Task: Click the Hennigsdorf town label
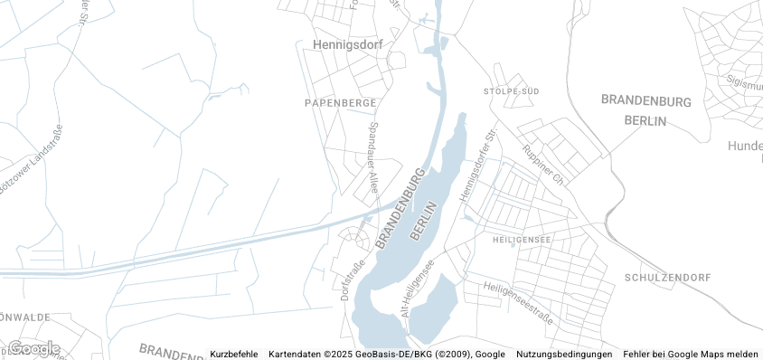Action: pyautogui.click(x=348, y=43)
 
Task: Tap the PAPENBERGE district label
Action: pyautogui.click(x=340, y=103)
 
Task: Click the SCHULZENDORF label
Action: pyautogui.click(x=668, y=277)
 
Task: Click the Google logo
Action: pyautogui.click(x=34, y=348)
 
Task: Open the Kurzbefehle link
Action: pyautogui.click(x=234, y=354)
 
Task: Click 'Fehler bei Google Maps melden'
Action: pyautogui.click(x=691, y=354)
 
